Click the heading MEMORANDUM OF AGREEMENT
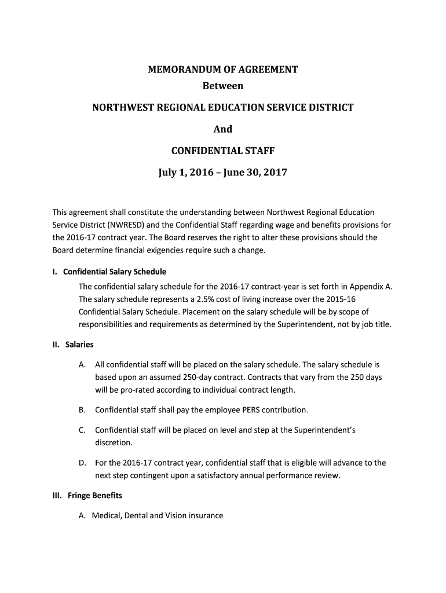click(x=222, y=70)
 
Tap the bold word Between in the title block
click(x=222, y=86)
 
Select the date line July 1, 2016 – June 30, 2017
click(x=222, y=173)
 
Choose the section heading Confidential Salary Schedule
click(x=115, y=272)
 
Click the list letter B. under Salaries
click(x=82, y=410)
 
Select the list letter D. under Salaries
click(x=82, y=463)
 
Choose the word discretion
click(x=114, y=443)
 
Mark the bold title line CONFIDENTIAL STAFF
click(x=222, y=151)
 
